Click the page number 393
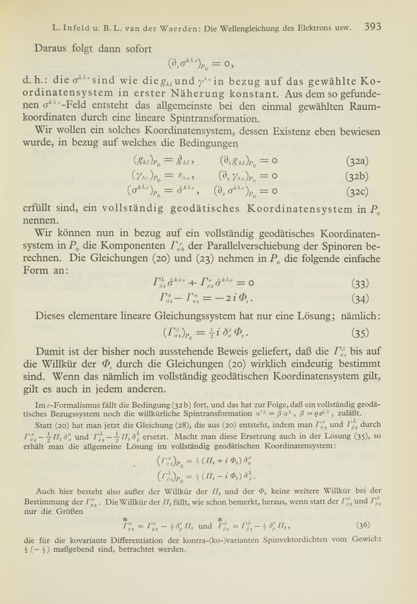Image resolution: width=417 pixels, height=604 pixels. (373, 28)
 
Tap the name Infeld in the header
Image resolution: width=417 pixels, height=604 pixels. (79, 28)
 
